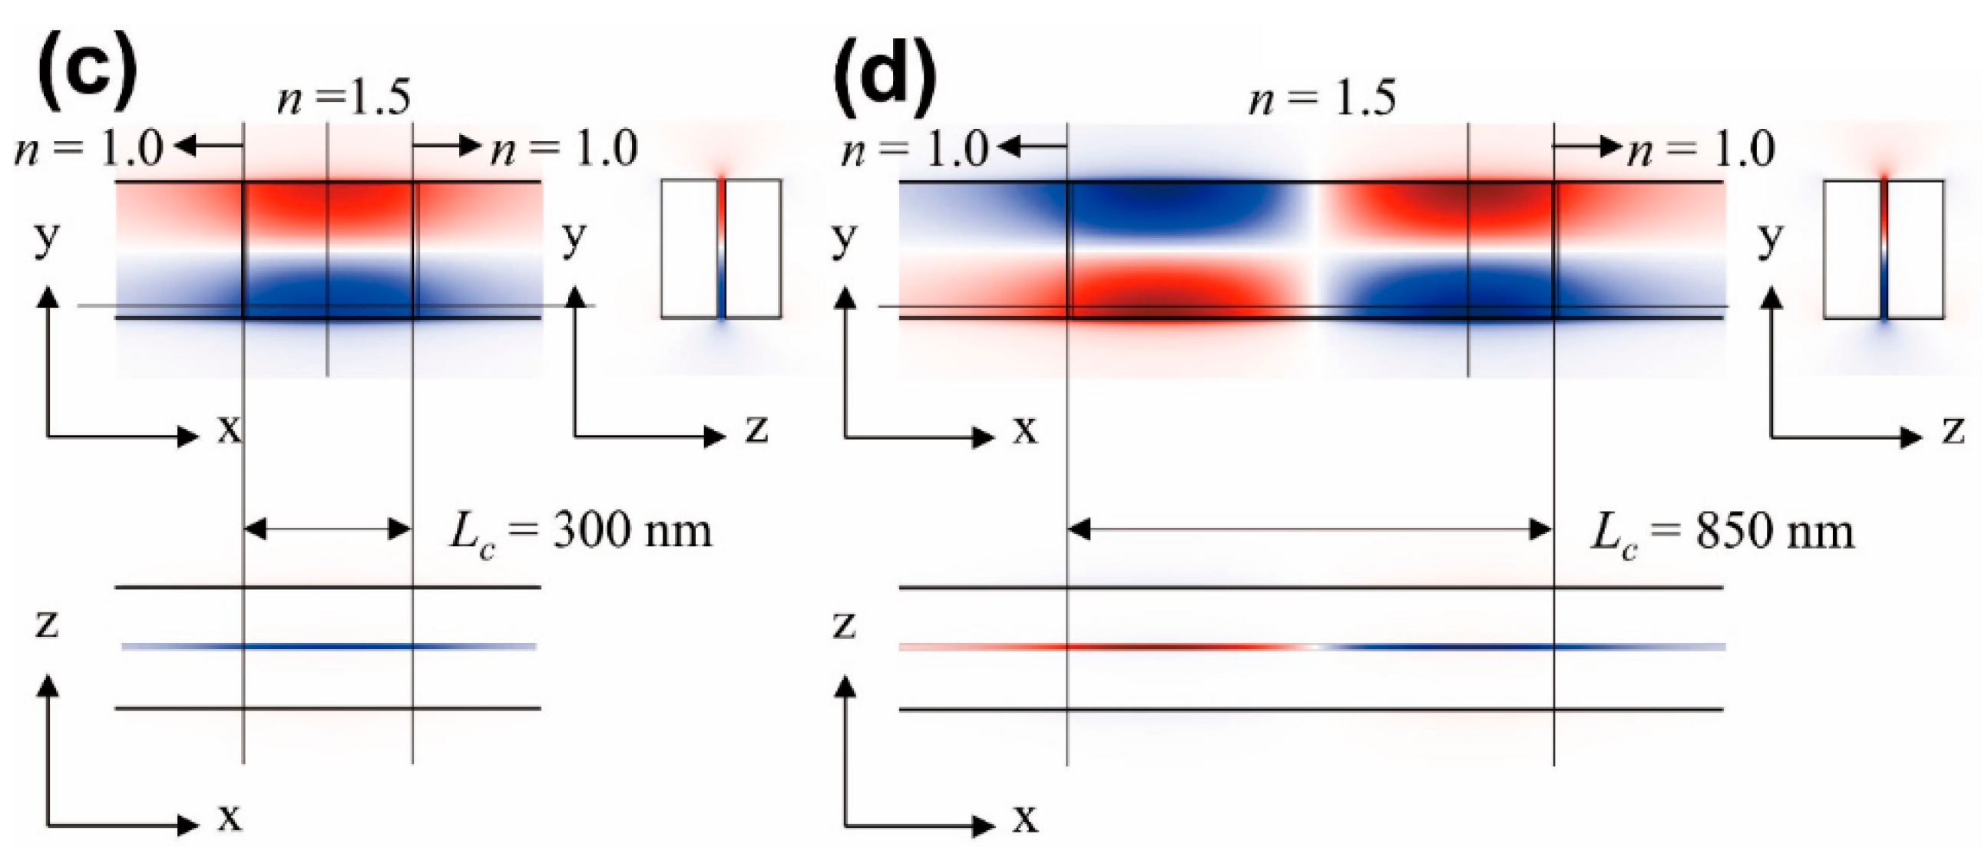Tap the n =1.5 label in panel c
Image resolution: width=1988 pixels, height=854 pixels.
point(344,99)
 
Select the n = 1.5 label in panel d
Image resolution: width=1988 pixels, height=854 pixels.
point(1323,99)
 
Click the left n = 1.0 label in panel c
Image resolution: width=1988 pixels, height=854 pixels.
point(90,148)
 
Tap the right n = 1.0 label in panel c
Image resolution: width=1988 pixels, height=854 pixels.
point(565,148)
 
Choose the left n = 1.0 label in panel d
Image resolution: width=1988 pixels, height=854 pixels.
point(915,148)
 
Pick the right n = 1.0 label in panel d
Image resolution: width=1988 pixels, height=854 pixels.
point(1701,148)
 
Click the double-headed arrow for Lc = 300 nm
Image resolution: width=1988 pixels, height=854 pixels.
point(328,529)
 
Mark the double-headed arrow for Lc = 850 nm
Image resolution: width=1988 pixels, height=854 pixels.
point(1310,529)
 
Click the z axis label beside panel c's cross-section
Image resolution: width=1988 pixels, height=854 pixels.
point(756,429)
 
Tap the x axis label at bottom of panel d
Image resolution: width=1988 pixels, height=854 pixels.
point(1025,819)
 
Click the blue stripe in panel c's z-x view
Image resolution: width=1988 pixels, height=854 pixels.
point(328,647)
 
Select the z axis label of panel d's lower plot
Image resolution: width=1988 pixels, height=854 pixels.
point(845,625)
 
